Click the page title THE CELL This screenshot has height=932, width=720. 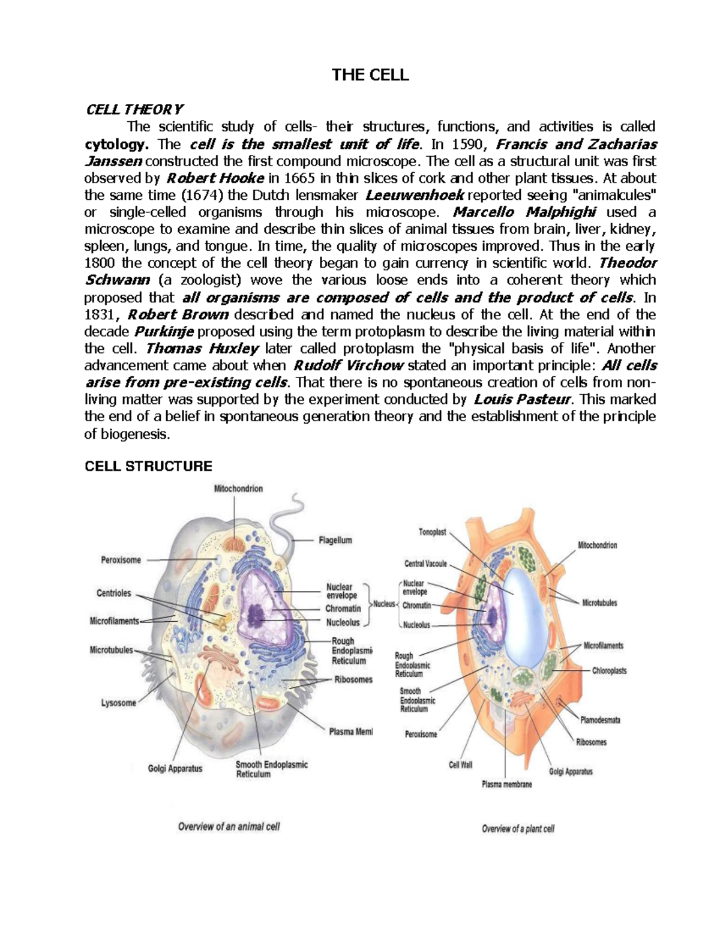coord(370,75)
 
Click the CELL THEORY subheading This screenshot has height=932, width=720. coord(134,109)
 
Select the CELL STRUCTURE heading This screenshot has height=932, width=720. coord(148,466)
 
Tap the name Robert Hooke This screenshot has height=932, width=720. coord(214,178)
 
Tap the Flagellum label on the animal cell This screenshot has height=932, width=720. coord(335,540)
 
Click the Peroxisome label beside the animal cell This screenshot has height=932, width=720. coord(121,560)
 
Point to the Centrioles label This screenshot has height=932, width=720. coord(114,593)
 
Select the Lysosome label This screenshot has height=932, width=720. coord(118,703)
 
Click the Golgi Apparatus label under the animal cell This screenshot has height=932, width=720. coord(175,768)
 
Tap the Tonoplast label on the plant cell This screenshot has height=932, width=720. coord(432,532)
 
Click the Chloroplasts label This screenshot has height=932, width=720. coord(609,670)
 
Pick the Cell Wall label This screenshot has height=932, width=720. coord(461,765)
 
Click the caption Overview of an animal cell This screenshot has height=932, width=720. coord(229,827)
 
